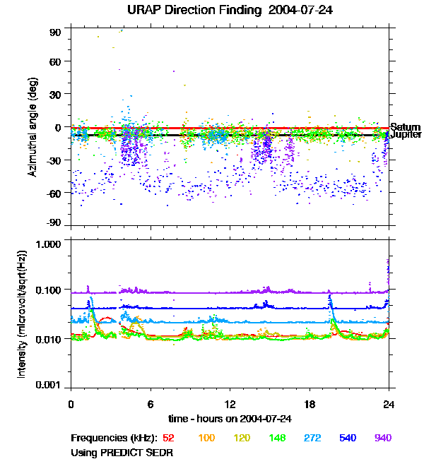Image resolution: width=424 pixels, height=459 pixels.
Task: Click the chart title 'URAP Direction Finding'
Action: click(188, 10)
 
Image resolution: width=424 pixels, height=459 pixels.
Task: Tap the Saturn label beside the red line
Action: click(405, 127)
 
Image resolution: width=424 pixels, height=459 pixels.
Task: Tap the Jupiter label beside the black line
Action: click(406, 134)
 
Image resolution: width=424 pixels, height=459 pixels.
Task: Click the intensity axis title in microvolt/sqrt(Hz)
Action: click(22, 316)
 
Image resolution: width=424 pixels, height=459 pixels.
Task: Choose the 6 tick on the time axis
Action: click(151, 404)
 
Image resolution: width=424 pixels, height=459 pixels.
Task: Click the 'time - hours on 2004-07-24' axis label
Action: click(231, 419)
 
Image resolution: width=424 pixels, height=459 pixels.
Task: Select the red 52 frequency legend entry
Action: click(169, 438)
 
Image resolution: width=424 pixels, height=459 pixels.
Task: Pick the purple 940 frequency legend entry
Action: click(382, 438)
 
